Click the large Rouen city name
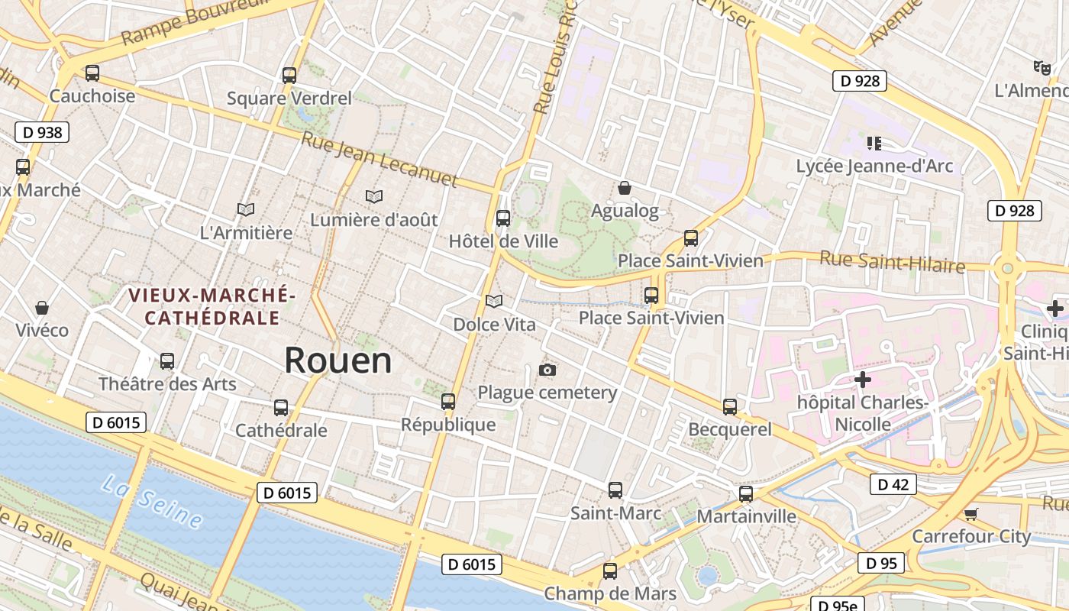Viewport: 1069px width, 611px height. pos(338,360)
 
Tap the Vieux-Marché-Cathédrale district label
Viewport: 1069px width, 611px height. pos(212,306)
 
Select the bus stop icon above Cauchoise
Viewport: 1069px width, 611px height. pos(92,73)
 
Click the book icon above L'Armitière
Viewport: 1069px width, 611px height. pos(245,209)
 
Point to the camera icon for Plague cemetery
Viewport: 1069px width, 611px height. pos(547,370)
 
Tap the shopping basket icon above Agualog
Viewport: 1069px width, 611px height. pos(625,188)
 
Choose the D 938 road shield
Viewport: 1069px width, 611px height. pos(42,132)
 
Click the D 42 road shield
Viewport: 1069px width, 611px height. pos(893,484)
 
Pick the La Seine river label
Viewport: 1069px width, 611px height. pos(153,501)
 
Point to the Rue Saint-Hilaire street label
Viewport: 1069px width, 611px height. pos(892,262)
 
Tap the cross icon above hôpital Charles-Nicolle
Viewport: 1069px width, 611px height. pos(863,380)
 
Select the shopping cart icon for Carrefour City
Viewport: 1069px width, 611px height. pos(970,514)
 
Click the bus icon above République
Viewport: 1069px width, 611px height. pos(448,402)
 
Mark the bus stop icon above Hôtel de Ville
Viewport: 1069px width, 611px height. pos(503,218)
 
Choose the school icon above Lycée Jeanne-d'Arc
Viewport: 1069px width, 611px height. pos(874,143)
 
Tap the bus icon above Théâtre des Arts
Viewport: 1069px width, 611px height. pos(167,360)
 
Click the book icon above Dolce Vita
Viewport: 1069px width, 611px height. pos(494,302)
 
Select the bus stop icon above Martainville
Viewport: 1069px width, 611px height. pos(746,494)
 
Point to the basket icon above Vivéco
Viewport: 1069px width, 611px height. pos(42,308)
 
